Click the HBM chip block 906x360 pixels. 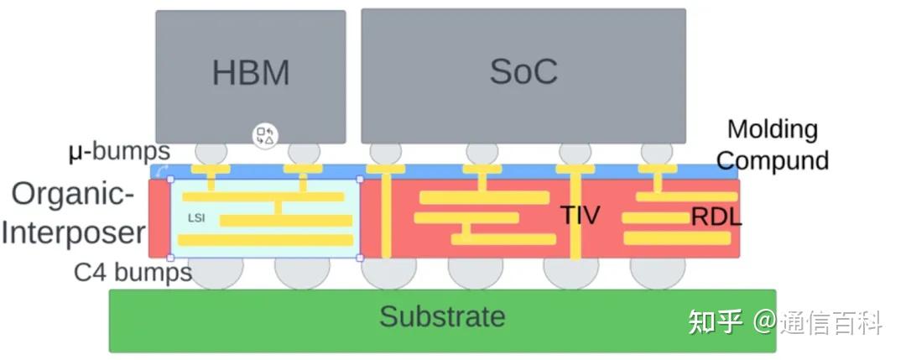point(251,77)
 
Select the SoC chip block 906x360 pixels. point(523,76)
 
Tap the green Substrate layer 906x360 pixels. point(443,321)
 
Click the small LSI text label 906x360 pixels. point(196,218)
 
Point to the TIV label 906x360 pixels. point(581,215)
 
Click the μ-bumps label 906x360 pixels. point(119,151)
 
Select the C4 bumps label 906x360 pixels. point(133,272)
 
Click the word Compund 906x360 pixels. point(773,159)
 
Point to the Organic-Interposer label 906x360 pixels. point(73,214)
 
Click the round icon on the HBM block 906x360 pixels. point(266,136)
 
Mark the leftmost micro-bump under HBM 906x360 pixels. point(211,153)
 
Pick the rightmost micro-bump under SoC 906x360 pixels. point(657,153)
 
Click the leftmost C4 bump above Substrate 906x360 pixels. point(216,274)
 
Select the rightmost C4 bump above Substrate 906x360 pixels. point(658,274)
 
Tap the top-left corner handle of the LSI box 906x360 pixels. point(170,179)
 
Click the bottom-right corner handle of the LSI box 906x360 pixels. point(360,258)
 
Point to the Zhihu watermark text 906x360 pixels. point(785,321)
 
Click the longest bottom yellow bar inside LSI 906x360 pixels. point(266,240)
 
